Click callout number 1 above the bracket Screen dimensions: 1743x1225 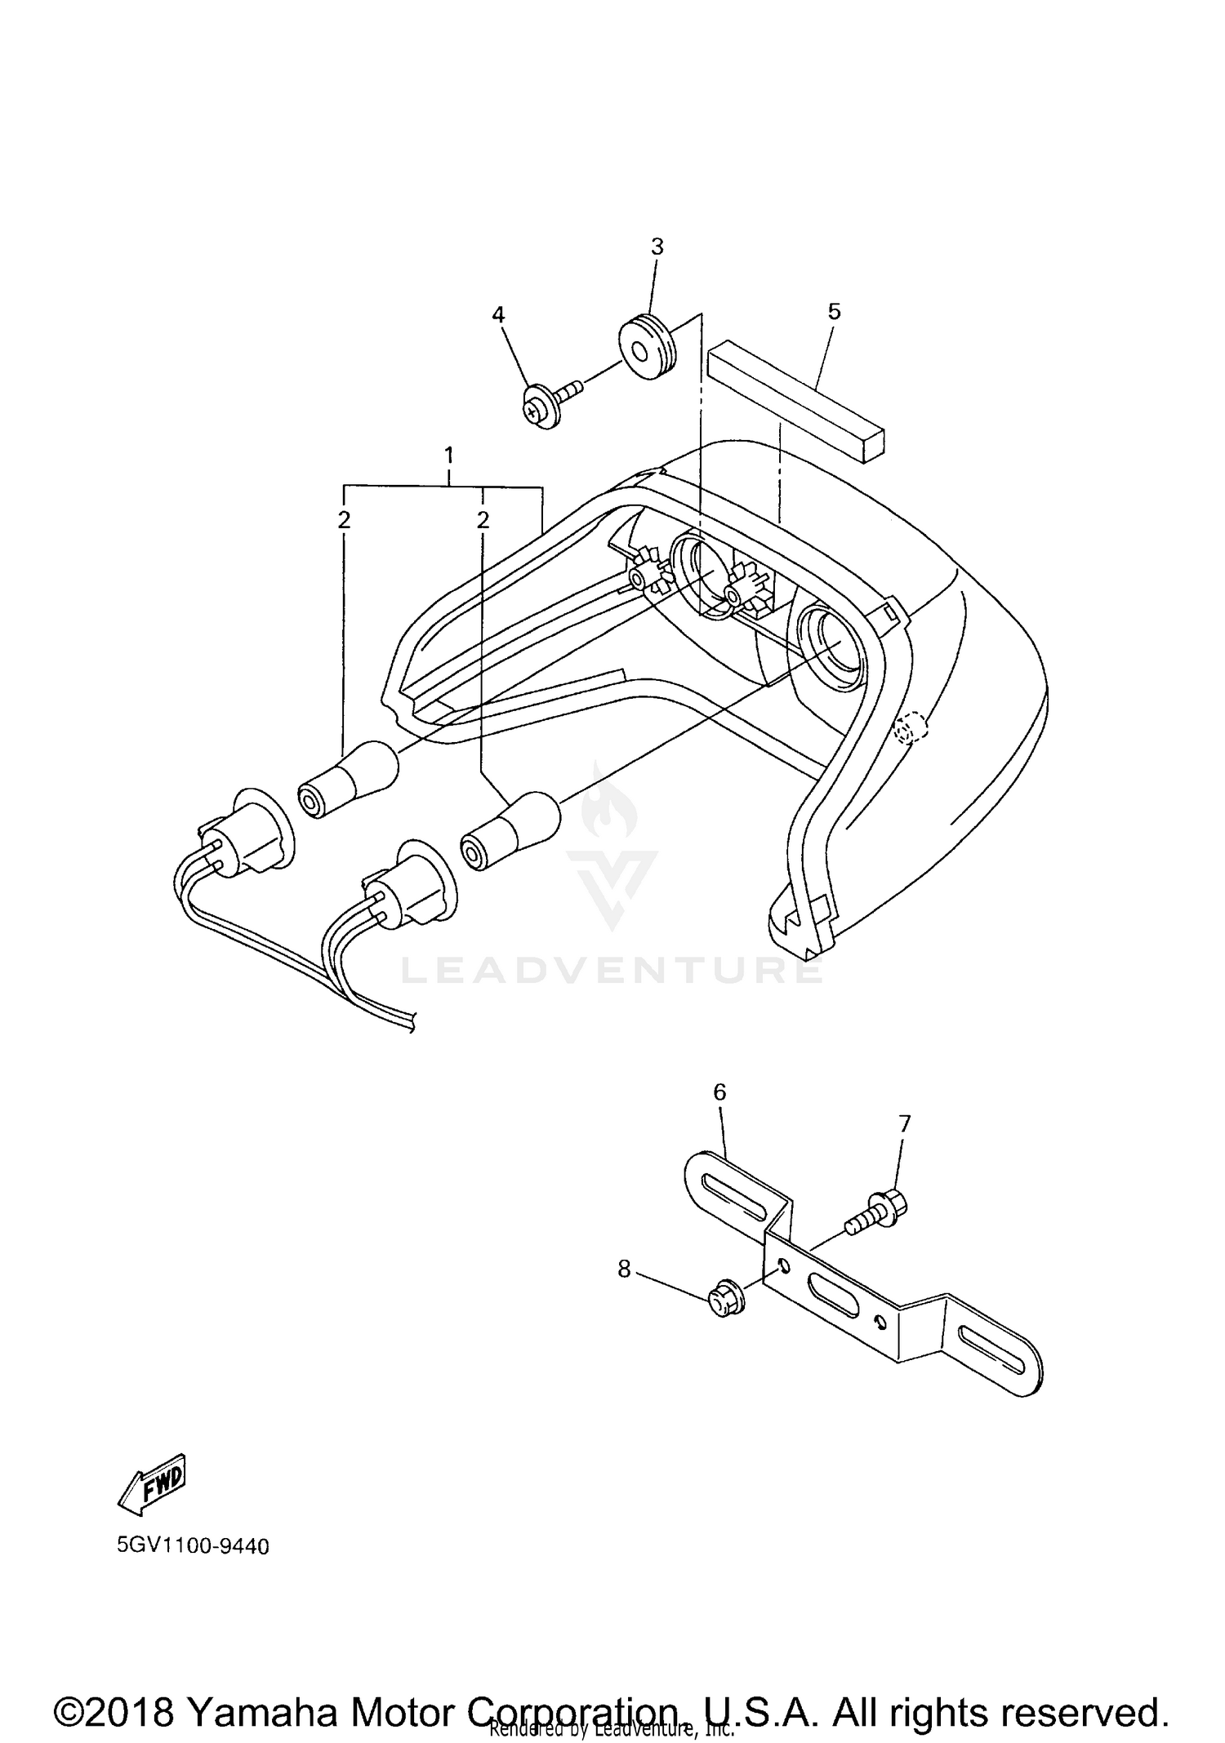point(448,455)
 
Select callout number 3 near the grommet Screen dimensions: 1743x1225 point(657,247)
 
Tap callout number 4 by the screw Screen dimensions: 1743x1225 point(498,314)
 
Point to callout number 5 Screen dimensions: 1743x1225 point(834,311)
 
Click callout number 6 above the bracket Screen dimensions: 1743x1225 point(719,1092)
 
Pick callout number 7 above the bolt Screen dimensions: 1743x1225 point(904,1124)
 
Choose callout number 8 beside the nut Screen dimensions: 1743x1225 point(624,1269)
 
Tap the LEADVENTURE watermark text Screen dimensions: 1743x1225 point(612,971)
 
